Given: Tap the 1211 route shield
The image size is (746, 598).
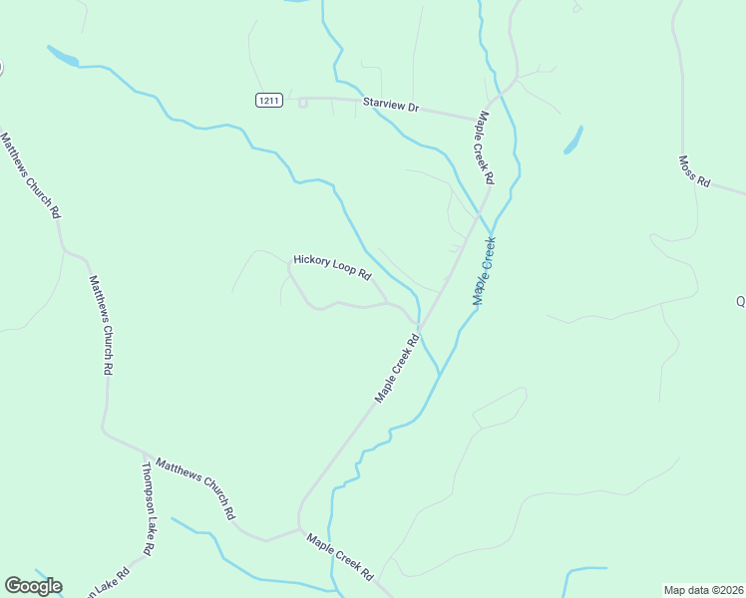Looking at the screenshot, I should (x=268, y=100).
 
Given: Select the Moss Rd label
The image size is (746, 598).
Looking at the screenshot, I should (x=694, y=171).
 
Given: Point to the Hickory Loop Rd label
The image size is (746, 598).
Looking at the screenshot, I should (x=332, y=266).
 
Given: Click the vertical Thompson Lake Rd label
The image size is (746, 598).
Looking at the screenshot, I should (x=148, y=508).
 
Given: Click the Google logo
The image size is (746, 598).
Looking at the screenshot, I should (x=33, y=586).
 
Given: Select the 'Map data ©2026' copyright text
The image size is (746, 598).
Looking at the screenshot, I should (x=704, y=589).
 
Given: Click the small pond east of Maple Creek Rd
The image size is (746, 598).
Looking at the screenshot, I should (x=573, y=140).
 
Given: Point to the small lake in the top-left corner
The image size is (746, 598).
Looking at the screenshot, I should (x=62, y=56).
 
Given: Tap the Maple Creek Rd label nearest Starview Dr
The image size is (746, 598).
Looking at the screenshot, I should (x=486, y=148).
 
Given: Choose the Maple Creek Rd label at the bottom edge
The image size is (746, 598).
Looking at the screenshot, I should (x=340, y=558).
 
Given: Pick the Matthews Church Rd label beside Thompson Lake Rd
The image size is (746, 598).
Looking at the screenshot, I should (x=195, y=489).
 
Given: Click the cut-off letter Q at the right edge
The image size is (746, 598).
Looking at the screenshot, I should (x=741, y=301).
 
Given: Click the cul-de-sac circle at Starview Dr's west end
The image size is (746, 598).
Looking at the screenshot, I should (x=302, y=102).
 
